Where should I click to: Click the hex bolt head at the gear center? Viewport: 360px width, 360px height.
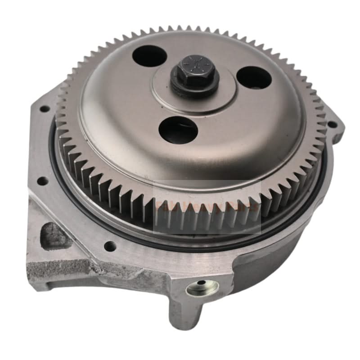coord(195,72)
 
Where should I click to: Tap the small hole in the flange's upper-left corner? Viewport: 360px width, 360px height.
coord(44,109)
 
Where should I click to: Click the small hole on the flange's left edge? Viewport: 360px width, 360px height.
coord(44,181)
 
